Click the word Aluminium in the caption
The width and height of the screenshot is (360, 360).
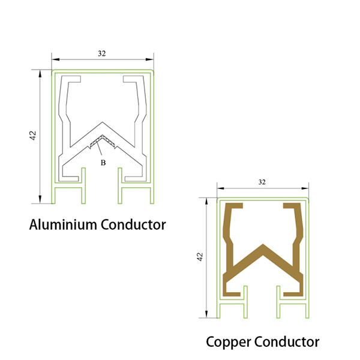[63, 225]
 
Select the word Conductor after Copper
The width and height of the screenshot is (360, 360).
[287, 342]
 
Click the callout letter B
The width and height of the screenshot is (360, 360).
[103, 162]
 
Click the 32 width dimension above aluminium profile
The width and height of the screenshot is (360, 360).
[101, 53]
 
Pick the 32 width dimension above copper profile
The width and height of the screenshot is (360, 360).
[262, 181]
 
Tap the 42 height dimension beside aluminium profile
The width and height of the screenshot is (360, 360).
[33, 136]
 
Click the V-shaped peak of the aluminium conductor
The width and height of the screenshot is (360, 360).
[102, 128]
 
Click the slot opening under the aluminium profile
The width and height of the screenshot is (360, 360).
[102, 189]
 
